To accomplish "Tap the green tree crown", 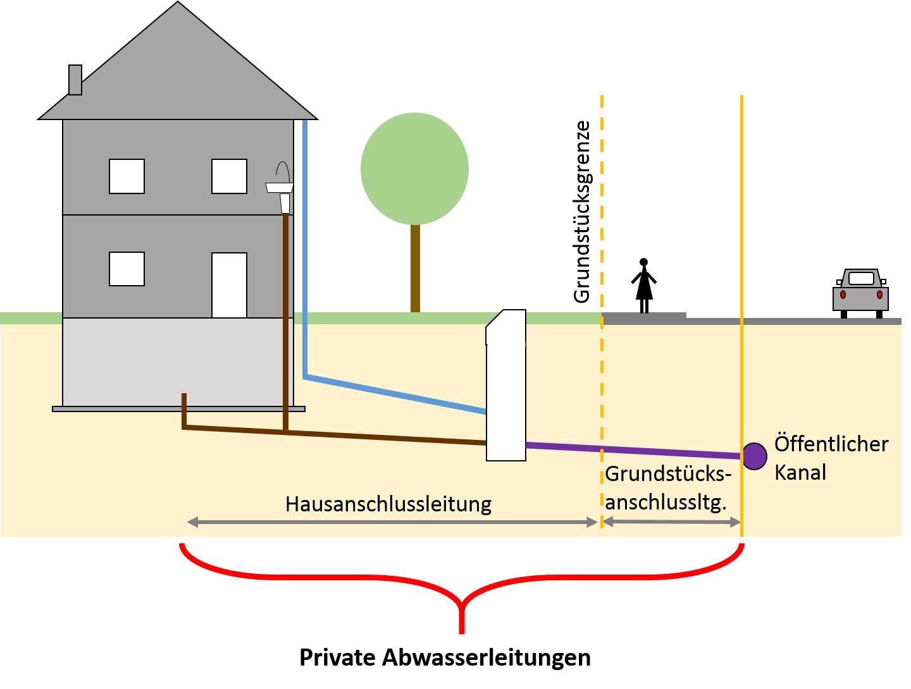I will (x=414, y=168).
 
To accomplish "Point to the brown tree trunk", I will (x=415, y=268).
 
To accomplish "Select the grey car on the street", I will (x=860, y=293).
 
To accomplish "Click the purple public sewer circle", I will (x=754, y=456).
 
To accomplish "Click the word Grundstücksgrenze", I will (x=581, y=212).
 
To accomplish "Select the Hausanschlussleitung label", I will (x=388, y=504).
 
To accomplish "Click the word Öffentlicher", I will (x=831, y=444).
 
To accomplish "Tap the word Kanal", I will (x=800, y=472).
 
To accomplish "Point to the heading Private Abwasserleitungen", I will (x=445, y=657).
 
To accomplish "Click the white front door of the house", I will (x=229, y=285).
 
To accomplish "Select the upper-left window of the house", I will (x=127, y=176).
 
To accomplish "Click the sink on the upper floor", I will (x=280, y=186).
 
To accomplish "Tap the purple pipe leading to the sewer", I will (x=633, y=451).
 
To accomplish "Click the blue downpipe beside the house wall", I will (x=305, y=253).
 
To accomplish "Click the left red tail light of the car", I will (x=843, y=295).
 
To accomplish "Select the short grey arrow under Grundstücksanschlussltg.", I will (x=671, y=522).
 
